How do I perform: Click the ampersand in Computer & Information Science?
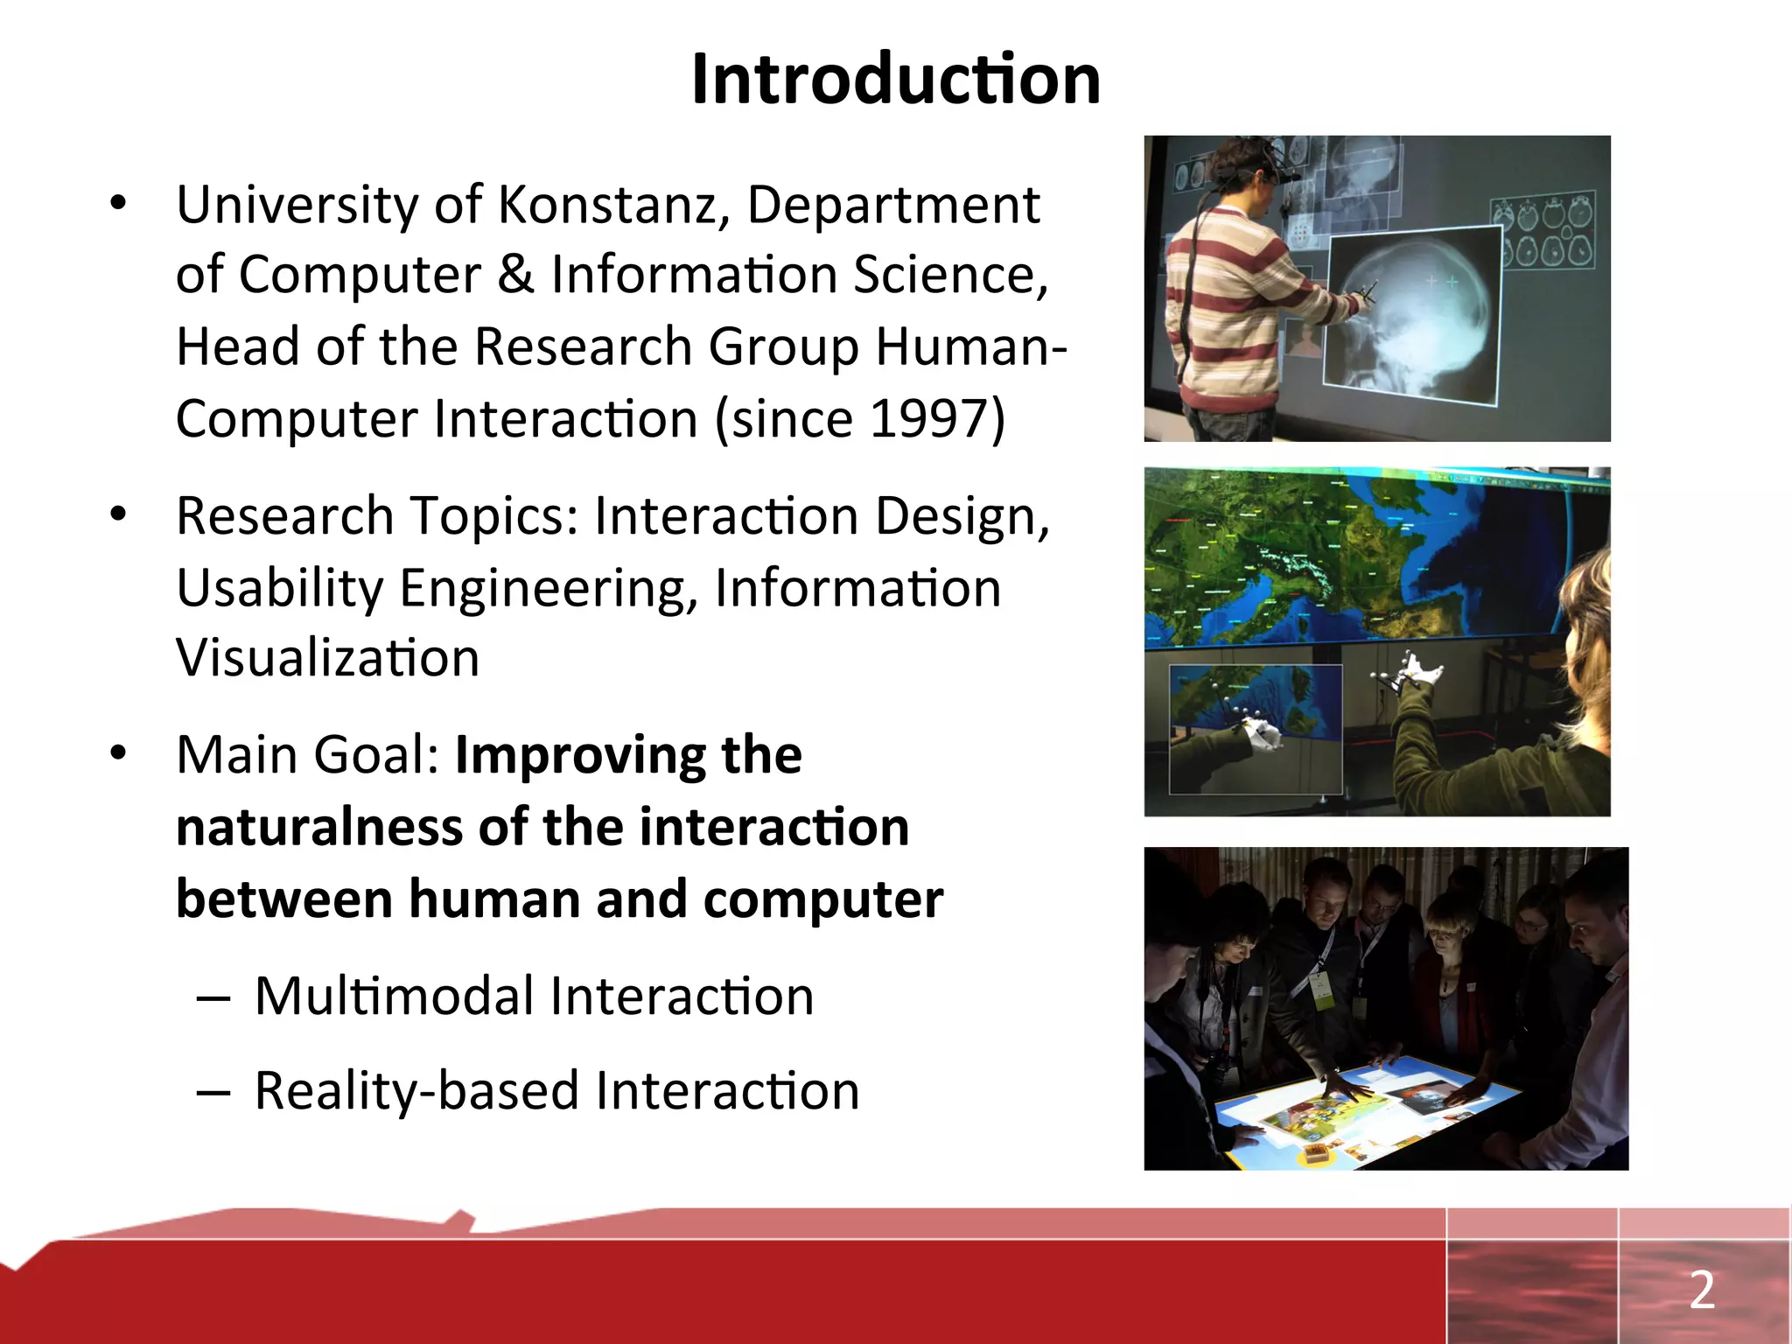click(x=515, y=275)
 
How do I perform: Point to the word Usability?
click(x=280, y=588)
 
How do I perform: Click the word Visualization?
click(x=327, y=658)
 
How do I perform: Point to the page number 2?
click(x=1701, y=1290)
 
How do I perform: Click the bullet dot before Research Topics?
click(x=119, y=514)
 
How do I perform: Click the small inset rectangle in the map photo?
click(x=1255, y=728)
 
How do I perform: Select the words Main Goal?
click(x=306, y=755)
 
